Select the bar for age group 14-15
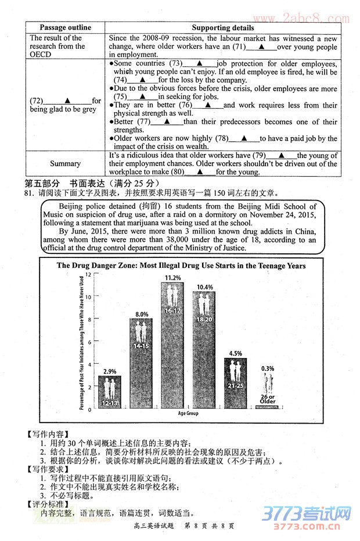pyautogui.click(x=141, y=363)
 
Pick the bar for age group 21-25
pyautogui.click(x=235, y=384)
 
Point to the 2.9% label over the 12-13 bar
pyautogui.click(x=110, y=371)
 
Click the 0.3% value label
pyautogui.click(x=267, y=368)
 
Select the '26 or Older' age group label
pyautogui.click(x=268, y=399)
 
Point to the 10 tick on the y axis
pyautogui.click(x=88, y=296)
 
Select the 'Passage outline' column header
pyautogui.click(x=65, y=27)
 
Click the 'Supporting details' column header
pyautogui.click(x=222, y=27)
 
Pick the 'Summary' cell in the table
pyautogui.click(x=65, y=164)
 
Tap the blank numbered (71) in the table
pyautogui.click(x=261, y=47)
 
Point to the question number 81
pyautogui.click(x=28, y=193)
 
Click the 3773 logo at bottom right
pyautogui.click(x=307, y=516)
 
